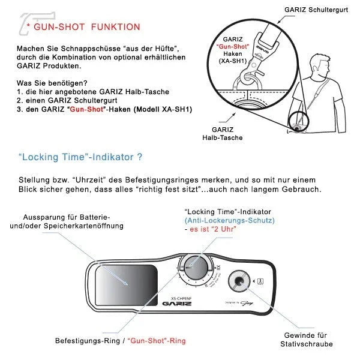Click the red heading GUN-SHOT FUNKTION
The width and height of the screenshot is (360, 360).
[87, 27]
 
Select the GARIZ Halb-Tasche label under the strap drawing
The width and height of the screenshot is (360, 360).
[227, 133]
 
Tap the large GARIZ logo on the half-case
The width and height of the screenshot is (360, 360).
[179, 304]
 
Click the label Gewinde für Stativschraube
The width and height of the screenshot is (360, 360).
[306, 340]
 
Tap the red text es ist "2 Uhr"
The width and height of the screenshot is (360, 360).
[211, 230]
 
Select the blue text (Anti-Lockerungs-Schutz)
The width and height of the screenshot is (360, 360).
[229, 221]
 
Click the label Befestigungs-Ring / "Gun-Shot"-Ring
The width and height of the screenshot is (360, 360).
[120, 340]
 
